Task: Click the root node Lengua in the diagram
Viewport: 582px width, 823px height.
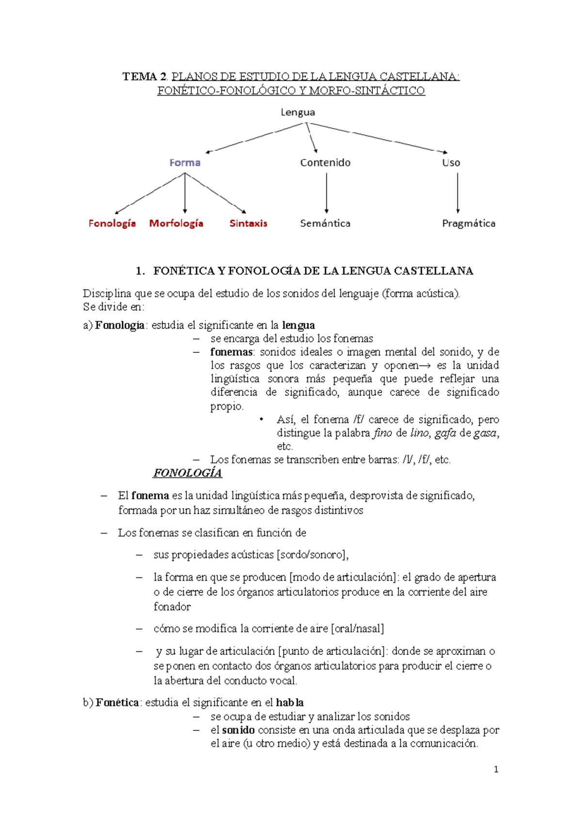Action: [x=298, y=112]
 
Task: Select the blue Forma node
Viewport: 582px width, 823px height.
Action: [x=185, y=163]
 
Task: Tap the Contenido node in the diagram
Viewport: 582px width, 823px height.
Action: [x=325, y=163]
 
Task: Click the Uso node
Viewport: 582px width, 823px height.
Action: [x=451, y=163]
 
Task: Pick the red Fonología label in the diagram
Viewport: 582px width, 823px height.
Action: [x=112, y=223]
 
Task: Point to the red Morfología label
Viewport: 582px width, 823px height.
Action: [x=176, y=223]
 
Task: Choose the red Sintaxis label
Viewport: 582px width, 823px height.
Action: [x=248, y=223]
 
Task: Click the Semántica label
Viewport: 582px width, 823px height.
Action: [x=325, y=223]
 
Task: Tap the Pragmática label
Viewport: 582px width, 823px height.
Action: [x=469, y=223]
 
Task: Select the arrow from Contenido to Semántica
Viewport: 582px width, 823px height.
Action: [x=326, y=193]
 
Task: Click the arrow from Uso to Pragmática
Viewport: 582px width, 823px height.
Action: [x=457, y=193]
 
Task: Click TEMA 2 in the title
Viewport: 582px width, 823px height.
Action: [x=145, y=77]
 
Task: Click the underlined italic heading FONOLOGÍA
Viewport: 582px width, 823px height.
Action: [x=187, y=473]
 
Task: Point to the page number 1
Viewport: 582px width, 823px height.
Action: [x=496, y=769]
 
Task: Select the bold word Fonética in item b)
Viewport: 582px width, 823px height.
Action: [x=117, y=702]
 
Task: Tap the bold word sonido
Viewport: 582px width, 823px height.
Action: [x=238, y=730]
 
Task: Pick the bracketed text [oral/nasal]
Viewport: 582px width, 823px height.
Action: [x=357, y=629]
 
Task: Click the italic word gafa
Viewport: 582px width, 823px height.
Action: [x=445, y=433]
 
